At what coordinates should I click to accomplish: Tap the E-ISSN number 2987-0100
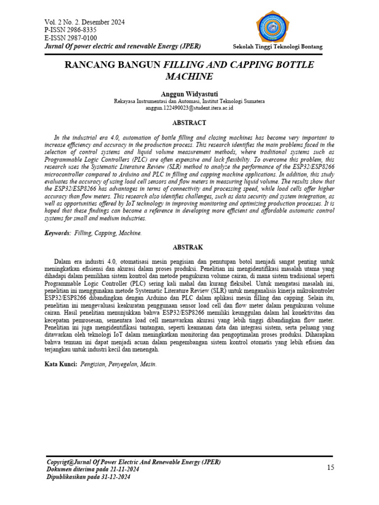click(x=81, y=38)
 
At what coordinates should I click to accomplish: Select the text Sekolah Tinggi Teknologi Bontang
click(x=277, y=47)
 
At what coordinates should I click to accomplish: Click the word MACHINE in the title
click(x=189, y=77)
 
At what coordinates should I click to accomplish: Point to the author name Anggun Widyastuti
click(x=189, y=94)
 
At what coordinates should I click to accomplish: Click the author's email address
click(x=189, y=108)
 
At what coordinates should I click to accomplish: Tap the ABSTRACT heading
click(x=189, y=123)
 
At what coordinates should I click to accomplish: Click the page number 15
click(x=331, y=468)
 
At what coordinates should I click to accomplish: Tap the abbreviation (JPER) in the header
click(x=189, y=46)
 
